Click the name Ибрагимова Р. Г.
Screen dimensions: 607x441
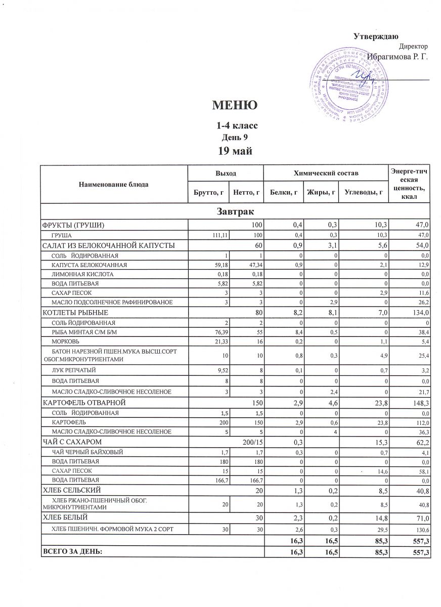[397, 57]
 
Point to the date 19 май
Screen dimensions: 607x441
[235, 150]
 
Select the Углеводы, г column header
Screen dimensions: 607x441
[363, 192]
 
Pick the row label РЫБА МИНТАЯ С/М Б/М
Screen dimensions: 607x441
[80, 332]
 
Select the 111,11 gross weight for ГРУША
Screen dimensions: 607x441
[215, 235]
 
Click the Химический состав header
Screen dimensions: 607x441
[326, 174]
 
